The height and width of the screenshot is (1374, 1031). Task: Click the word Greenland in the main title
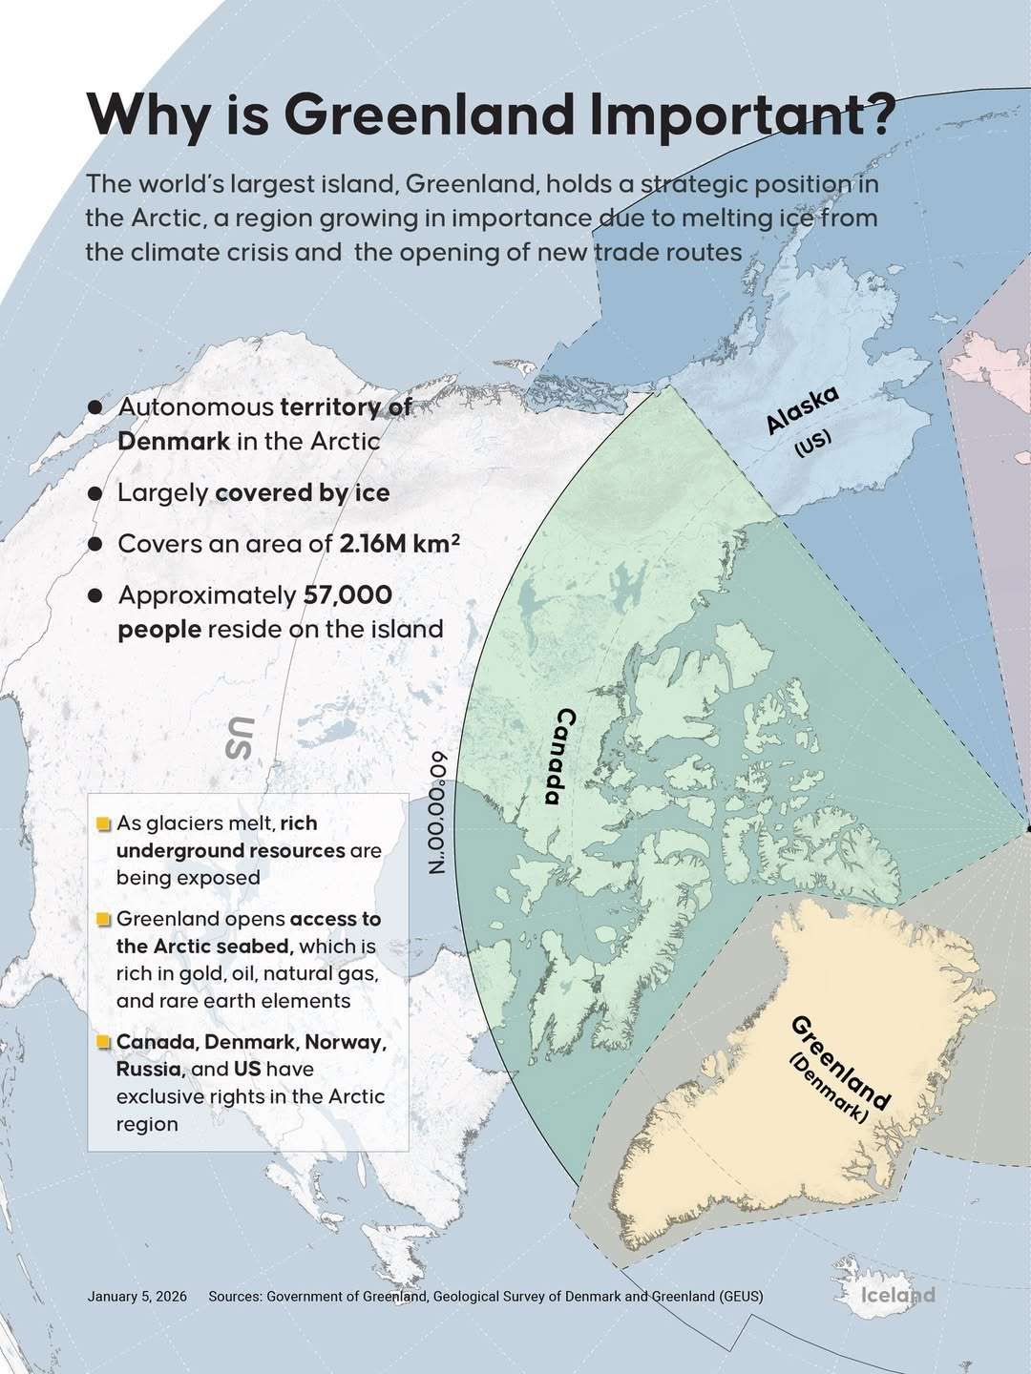coord(427,114)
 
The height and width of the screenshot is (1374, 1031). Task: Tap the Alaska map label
coord(803,409)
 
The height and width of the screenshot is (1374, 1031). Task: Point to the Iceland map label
coord(897,1295)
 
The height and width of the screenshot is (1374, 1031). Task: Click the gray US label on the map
coord(240,737)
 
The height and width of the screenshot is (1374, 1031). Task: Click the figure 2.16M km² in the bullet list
coord(400,544)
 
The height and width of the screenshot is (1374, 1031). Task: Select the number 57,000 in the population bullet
coord(347,595)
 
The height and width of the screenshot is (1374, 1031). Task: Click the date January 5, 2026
coord(137,1297)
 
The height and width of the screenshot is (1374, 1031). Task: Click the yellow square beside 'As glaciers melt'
coord(104,823)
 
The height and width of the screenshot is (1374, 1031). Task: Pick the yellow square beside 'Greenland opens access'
coord(104,920)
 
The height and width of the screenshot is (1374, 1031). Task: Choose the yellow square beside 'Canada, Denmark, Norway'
coord(104,1042)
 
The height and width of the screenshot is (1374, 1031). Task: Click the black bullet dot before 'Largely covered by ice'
coord(95,493)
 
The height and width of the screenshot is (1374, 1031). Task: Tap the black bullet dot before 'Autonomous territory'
coord(95,406)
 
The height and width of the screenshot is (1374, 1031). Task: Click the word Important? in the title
coord(742,114)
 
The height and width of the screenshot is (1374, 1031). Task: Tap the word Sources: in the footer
coord(235,1297)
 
